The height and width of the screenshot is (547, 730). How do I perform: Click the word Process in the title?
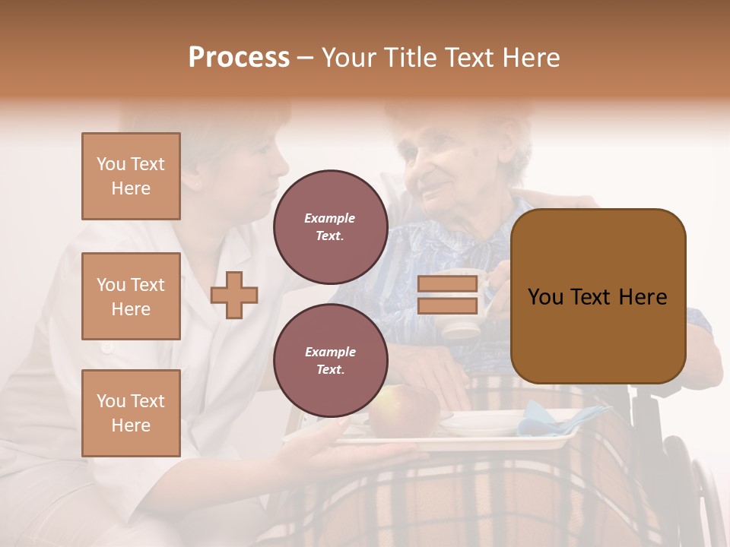click(239, 58)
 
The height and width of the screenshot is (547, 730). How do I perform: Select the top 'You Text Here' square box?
click(131, 176)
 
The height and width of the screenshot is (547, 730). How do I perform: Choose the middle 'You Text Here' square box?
click(131, 296)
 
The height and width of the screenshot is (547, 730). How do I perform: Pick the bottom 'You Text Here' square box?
click(131, 413)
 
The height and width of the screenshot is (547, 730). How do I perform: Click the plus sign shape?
click(234, 295)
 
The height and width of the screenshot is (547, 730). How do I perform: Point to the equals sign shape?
click(448, 295)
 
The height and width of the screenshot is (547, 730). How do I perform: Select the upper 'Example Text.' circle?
click(330, 227)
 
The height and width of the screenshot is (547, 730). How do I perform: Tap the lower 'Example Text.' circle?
click(330, 361)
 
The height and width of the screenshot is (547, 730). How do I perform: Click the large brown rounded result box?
click(598, 296)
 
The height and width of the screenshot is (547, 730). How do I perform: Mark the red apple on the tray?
click(403, 411)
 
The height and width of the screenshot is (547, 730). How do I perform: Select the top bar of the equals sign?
click(448, 284)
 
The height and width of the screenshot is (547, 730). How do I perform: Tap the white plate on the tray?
click(479, 422)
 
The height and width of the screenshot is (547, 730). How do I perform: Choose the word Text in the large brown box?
click(597, 297)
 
